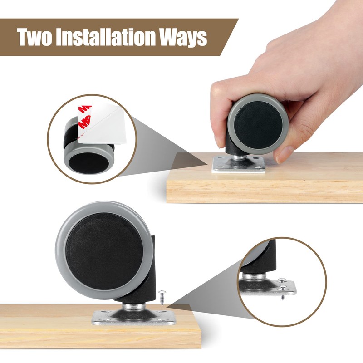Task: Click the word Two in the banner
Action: [34, 37]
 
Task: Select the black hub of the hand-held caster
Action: [257, 124]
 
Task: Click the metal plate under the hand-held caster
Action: [239, 164]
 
